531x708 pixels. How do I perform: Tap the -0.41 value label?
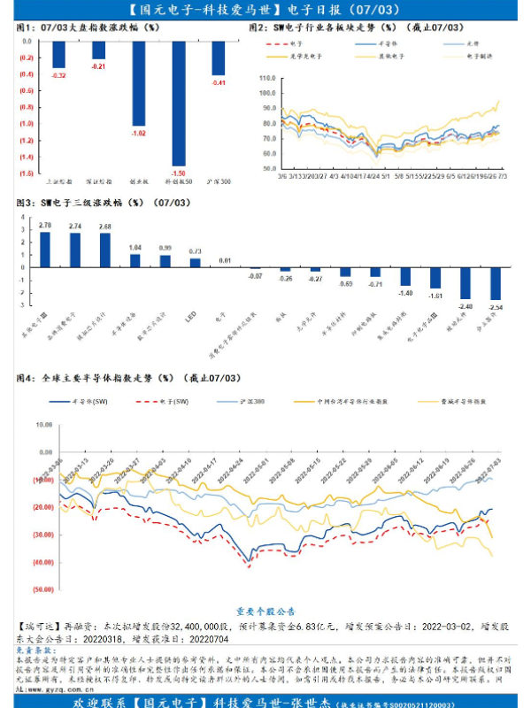click(218, 82)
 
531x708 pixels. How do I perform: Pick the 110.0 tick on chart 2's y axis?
click(268, 78)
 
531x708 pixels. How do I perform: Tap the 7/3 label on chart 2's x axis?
click(503, 175)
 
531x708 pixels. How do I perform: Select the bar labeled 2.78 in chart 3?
click(45, 250)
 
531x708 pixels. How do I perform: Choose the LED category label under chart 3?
click(189, 314)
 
